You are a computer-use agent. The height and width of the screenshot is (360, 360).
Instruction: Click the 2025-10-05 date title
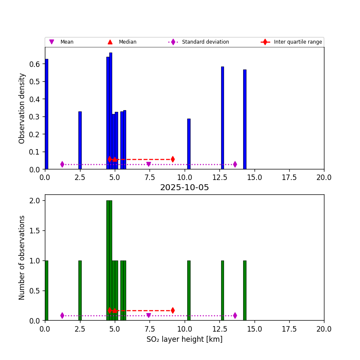(x=184, y=188)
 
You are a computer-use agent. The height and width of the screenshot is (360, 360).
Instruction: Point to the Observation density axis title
(x=22, y=108)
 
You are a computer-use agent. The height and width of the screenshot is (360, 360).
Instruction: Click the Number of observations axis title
(x=22, y=258)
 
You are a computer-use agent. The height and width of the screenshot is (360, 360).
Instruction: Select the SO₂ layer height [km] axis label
(x=184, y=339)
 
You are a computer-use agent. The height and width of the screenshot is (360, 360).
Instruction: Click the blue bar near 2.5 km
(x=80, y=140)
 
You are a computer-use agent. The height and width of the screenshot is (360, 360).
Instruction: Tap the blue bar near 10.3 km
(x=189, y=144)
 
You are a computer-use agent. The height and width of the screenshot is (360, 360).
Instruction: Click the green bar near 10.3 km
(x=189, y=291)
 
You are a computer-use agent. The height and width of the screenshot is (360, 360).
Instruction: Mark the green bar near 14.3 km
(x=245, y=291)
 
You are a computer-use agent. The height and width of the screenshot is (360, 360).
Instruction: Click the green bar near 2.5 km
(x=80, y=291)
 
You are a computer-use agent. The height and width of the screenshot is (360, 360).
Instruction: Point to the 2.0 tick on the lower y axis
(x=36, y=201)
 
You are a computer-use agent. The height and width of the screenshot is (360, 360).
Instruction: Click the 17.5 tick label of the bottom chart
(x=289, y=329)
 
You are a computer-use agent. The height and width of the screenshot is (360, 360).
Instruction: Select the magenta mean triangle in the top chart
(x=148, y=164)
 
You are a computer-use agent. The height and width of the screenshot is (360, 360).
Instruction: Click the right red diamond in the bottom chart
(x=173, y=310)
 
